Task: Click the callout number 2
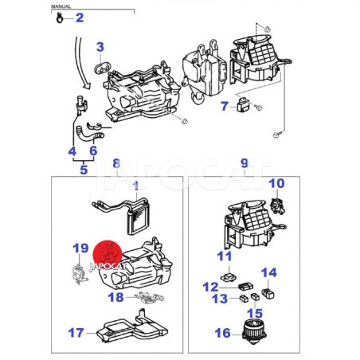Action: tap(80, 18)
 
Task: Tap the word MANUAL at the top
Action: tap(61, 6)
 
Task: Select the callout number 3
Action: tap(100, 47)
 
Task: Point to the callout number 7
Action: tap(225, 106)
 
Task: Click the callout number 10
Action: tap(276, 183)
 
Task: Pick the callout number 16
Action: tap(223, 333)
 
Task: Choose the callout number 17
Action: tap(76, 333)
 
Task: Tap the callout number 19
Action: tap(80, 248)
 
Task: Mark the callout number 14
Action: tap(269, 272)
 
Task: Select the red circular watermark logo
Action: tap(108, 255)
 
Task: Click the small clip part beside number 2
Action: tap(60, 18)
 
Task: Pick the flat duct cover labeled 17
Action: tap(132, 330)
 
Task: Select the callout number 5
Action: tap(84, 170)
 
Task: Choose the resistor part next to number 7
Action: tap(244, 104)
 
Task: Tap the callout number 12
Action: tap(211, 287)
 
